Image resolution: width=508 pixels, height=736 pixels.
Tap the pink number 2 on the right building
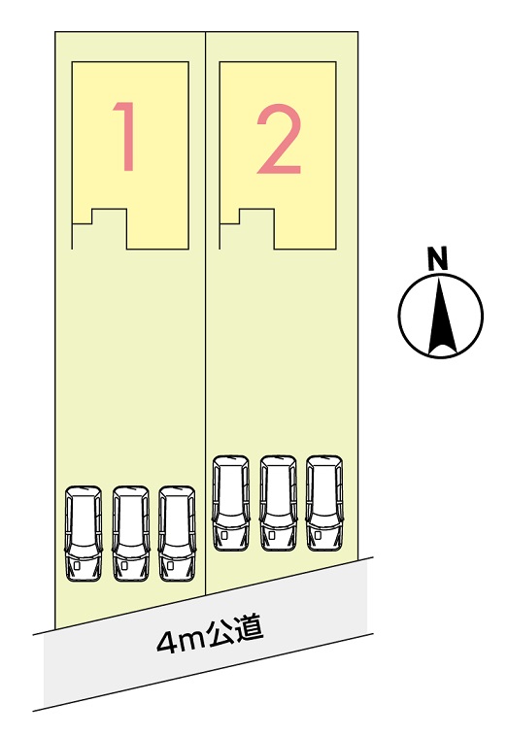point(279,139)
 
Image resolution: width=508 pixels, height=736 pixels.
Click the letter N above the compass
point(437,258)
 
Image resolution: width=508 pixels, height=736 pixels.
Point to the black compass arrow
point(441,316)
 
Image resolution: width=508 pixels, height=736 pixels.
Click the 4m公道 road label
point(210,636)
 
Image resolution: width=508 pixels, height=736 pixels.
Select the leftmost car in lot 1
point(84,534)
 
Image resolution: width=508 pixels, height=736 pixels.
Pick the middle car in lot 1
point(130,534)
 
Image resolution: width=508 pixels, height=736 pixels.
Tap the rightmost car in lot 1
point(177,534)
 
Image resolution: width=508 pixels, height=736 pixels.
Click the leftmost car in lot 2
point(231,503)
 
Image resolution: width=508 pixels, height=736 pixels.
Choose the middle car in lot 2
point(279,503)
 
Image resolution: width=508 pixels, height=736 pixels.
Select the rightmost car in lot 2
point(324,503)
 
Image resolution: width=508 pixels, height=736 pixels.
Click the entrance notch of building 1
point(99,229)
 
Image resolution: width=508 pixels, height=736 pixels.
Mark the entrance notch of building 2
point(247,229)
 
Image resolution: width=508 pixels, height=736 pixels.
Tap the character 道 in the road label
point(250,630)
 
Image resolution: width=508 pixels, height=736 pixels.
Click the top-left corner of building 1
point(72,62)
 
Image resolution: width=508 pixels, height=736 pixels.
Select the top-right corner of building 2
point(336,62)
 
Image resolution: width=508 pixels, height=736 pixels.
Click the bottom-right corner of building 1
point(188,249)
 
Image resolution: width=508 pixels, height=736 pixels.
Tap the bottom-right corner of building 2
point(336,249)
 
